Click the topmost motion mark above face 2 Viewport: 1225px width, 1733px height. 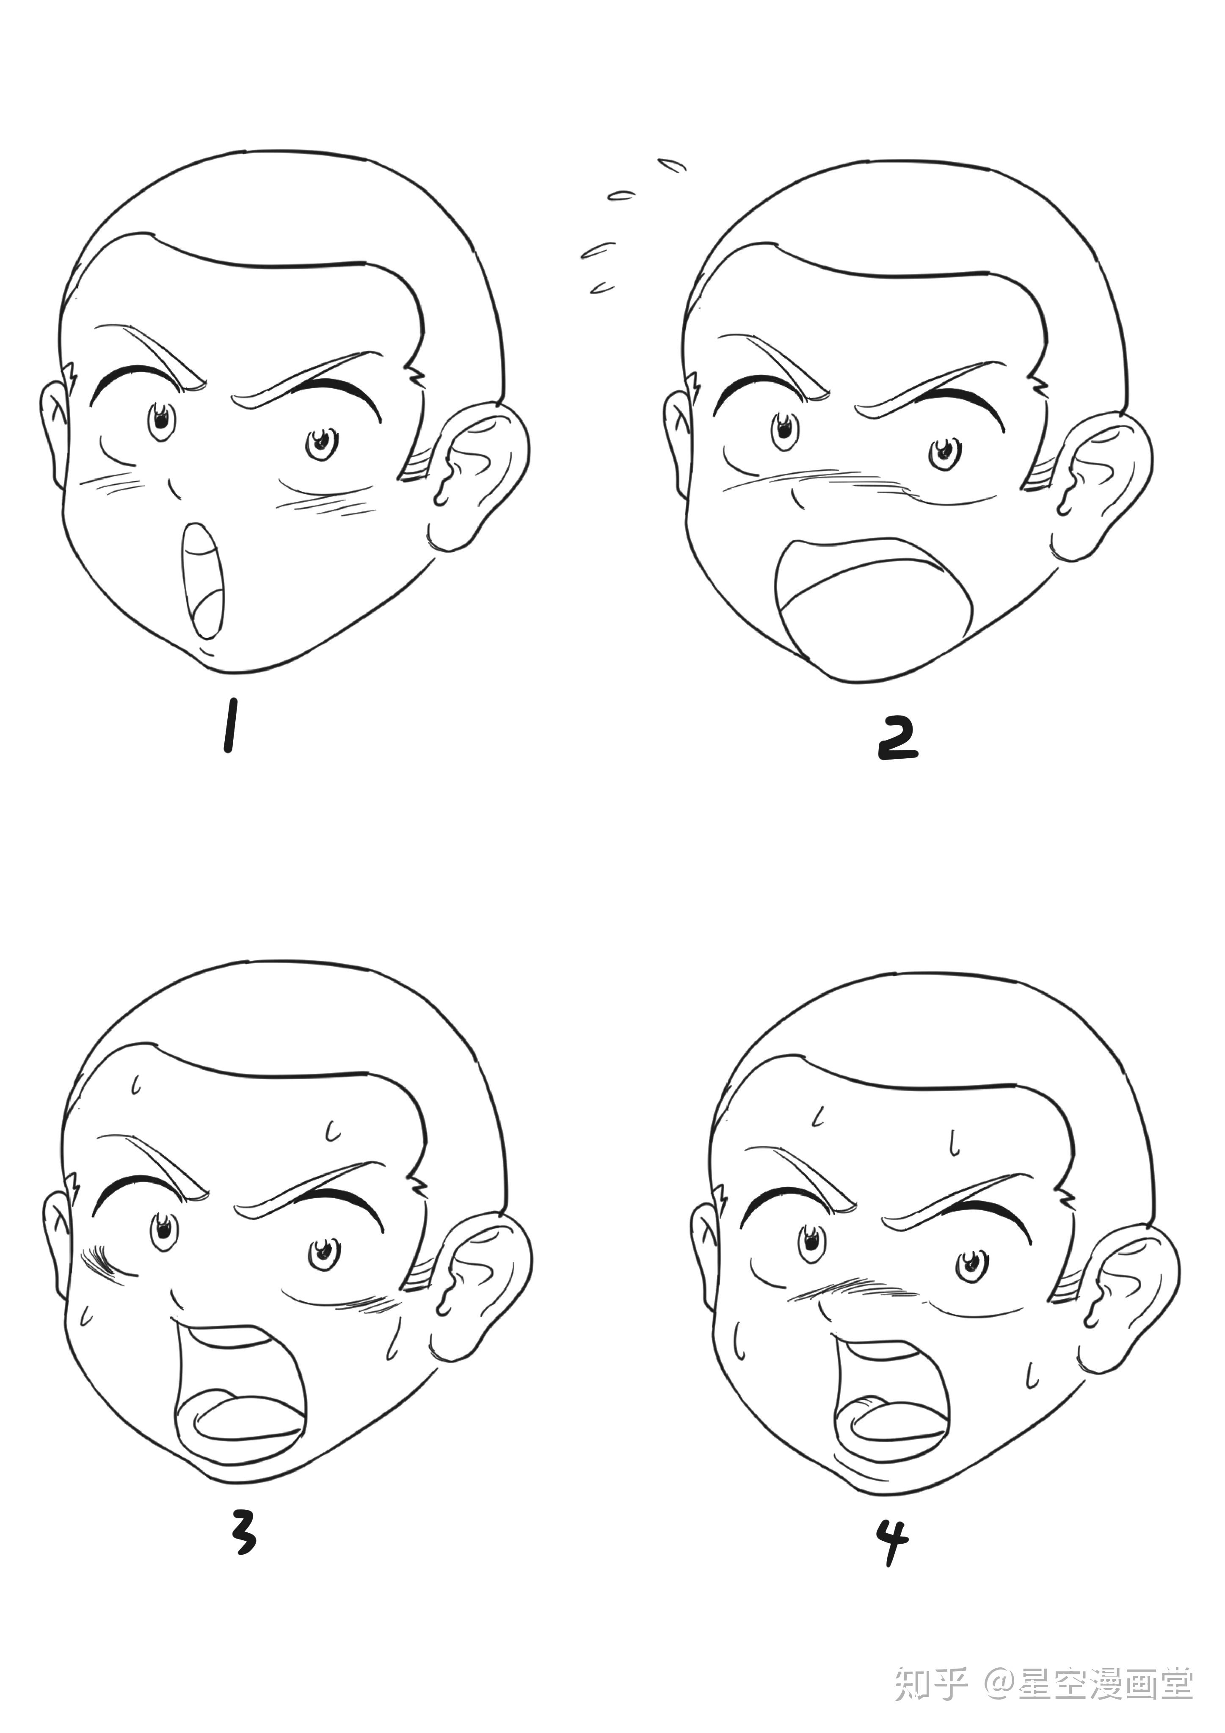click(672, 165)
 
